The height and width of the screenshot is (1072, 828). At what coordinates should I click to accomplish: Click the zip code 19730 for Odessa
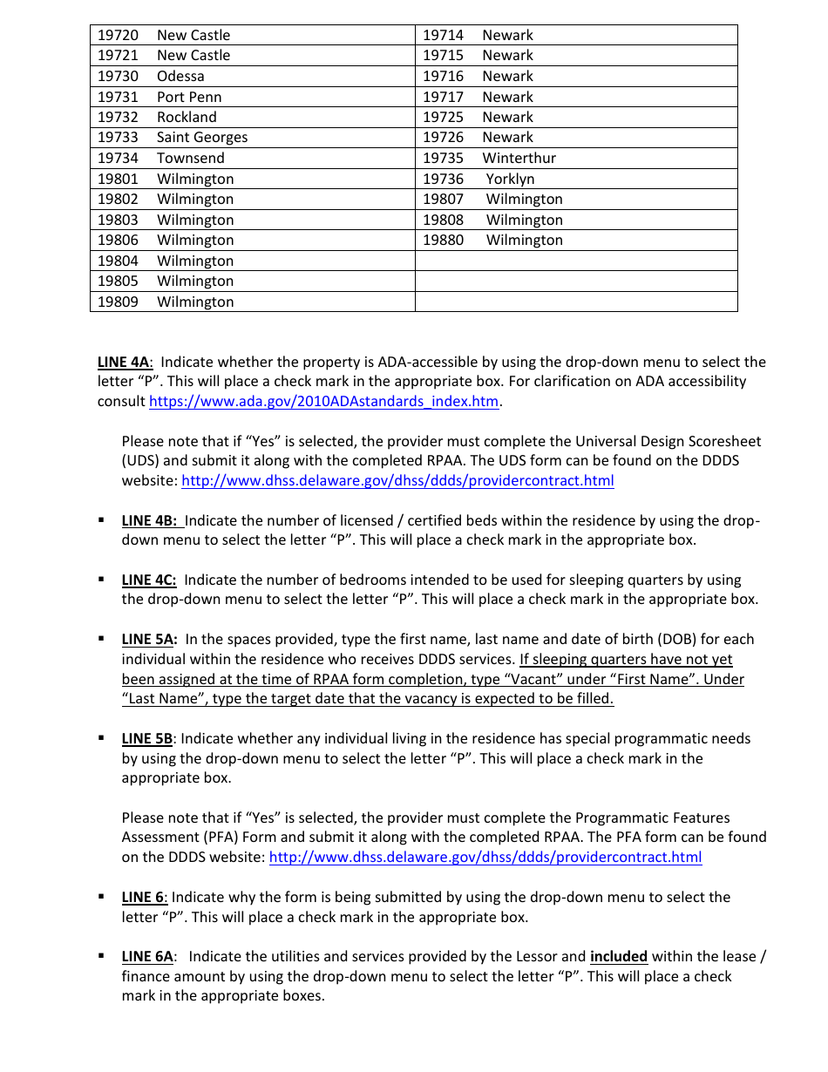click(x=118, y=76)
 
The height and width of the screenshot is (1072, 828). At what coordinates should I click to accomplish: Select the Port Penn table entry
click(x=189, y=97)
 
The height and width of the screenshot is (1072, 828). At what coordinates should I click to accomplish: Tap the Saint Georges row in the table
click(x=201, y=138)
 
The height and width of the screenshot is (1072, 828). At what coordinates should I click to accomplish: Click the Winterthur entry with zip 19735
click(x=519, y=159)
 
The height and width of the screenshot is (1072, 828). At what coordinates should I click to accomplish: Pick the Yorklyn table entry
click(x=510, y=179)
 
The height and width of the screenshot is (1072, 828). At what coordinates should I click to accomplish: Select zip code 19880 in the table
click(x=444, y=241)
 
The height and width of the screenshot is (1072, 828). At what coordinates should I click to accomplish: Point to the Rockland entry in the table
click(x=187, y=117)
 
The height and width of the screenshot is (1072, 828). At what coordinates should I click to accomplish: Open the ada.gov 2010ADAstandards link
click(x=323, y=402)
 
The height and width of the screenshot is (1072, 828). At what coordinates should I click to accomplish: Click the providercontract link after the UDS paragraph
click(x=397, y=481)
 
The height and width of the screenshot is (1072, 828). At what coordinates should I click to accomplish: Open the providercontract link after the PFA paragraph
click(x=485, y=858)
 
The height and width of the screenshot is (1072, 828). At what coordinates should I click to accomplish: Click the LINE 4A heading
click(x=125, y=363)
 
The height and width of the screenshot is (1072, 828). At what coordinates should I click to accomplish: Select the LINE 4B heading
click(x=151, y=521)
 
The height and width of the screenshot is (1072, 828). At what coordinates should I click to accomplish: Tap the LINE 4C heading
click(x=149, y=580)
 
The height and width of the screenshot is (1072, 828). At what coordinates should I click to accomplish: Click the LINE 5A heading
click(x=150, y=640)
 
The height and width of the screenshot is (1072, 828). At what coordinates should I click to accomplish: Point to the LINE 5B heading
click(x=147, y=739)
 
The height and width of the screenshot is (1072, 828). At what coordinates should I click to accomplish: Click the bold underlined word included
click(x=619, y=957)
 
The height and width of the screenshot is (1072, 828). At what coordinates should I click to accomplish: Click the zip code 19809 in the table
click(x=118, y=302)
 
